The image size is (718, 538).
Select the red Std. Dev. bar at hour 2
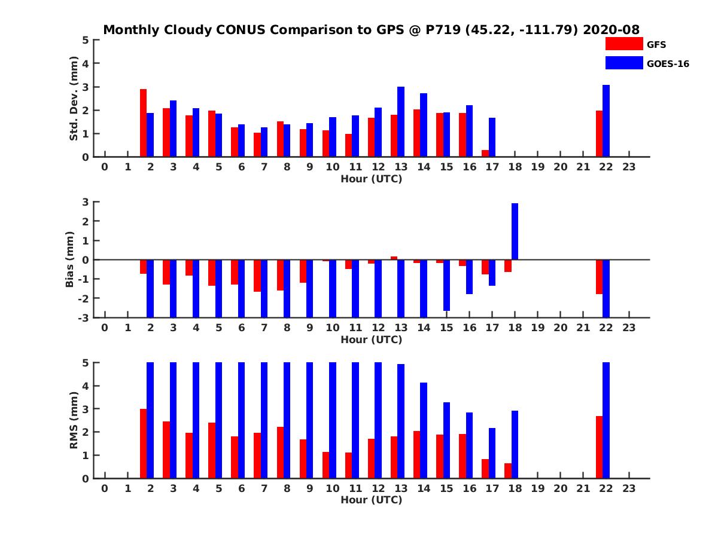click(144, 123)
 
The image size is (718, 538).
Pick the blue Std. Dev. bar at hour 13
click(401, 122)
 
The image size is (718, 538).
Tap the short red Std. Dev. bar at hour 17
click(485, 154)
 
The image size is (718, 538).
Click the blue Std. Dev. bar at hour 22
click(606, 121)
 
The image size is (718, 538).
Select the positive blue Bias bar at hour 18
click(515, 231)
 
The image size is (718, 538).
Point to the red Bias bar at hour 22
click(599, 277)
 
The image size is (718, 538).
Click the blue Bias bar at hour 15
click(446, 285)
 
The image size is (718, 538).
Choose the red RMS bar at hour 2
click(144, 444)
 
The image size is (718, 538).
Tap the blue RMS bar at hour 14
click(424, 430)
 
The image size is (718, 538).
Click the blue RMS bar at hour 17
click(492, 453)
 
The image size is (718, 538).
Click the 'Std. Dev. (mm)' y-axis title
click(74, 99)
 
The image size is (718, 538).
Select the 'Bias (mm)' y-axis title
click(70, 259)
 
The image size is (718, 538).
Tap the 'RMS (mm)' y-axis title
click(74, 420)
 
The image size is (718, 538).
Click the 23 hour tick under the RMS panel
click(629, 488)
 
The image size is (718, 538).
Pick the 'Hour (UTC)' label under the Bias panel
click(371, 340)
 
